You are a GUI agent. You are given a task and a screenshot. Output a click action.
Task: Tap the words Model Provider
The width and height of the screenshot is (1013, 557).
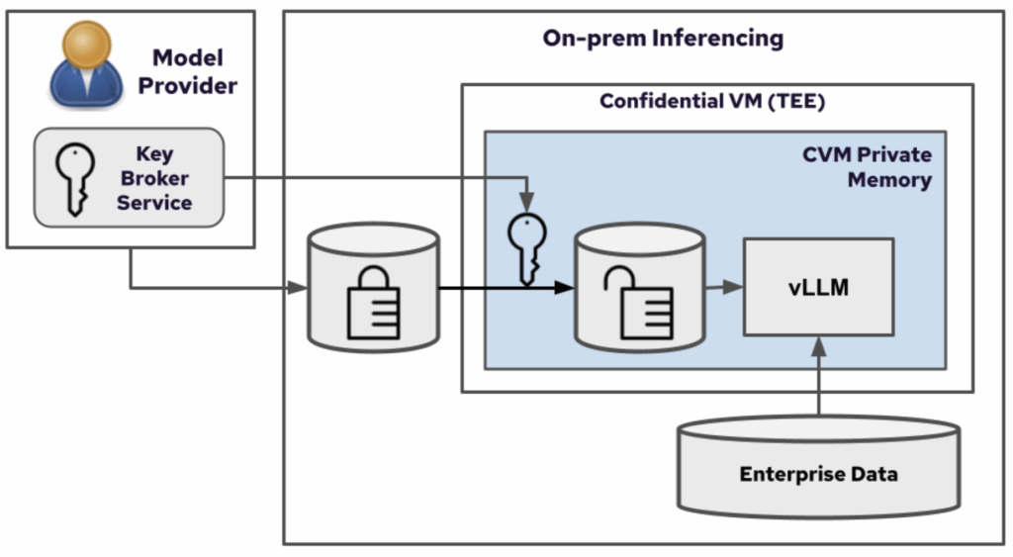pyautogui.click(x=187, y=72)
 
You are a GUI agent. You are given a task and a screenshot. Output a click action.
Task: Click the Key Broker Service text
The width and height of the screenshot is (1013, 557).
pyautogui.click(x=154, y=179)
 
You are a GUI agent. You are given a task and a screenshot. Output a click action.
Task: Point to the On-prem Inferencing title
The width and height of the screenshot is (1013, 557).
pyautogui.click(x=663, y=39)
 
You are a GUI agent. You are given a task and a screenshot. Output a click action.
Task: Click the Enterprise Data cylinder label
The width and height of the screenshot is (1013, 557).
pyautogui.click(x=818, y=474)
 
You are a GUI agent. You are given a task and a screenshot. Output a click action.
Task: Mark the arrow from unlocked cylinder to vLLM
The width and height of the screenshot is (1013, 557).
pyautogui.click(x=724, y=287)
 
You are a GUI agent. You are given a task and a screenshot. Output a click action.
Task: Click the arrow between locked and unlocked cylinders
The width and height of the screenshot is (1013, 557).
pyautogui.click(x=505, y=288)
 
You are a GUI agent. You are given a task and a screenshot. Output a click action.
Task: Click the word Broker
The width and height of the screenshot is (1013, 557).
pyautogui.click(x=154, y=179)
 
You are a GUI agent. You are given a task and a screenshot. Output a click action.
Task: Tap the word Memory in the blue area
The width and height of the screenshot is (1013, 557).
pyautogui.click(x=889, y=180)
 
